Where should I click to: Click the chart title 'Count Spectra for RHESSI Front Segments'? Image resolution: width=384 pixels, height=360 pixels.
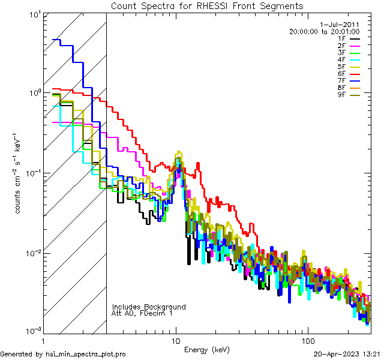pos(207,6)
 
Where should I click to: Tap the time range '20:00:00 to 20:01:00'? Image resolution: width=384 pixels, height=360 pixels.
pos(324,31)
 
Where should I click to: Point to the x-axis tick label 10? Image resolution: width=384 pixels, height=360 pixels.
pos(176,340)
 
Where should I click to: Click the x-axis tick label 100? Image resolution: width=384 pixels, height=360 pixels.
pos(308,340)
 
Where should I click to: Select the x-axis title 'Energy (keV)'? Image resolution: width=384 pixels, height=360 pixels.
pos(206,349)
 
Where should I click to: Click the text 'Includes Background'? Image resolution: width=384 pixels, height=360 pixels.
pos(149,307)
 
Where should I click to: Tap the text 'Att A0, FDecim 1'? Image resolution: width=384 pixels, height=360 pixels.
pos(143,313)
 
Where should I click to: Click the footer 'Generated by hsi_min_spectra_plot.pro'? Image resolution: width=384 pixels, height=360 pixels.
pos(64,354)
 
